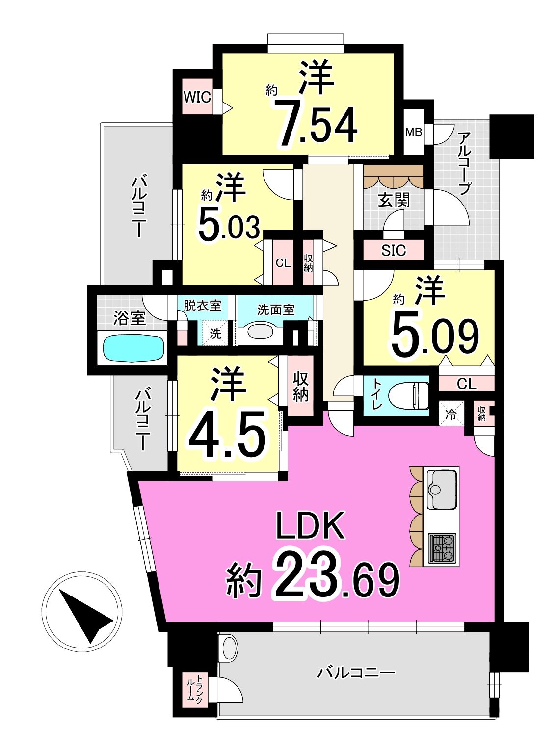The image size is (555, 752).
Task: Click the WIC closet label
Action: click(x=197, y=97)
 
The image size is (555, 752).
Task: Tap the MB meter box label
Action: click(x=414, y=132)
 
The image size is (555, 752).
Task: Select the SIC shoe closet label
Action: click(x=394, y=250)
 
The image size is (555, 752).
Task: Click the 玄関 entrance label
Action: click(x=394, y=200)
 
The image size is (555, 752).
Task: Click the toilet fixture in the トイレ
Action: click(x=409, y=395)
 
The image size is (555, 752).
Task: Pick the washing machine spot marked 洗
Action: click(x=215, y=333)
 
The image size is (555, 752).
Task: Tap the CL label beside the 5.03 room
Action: click(x=283, y=263)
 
